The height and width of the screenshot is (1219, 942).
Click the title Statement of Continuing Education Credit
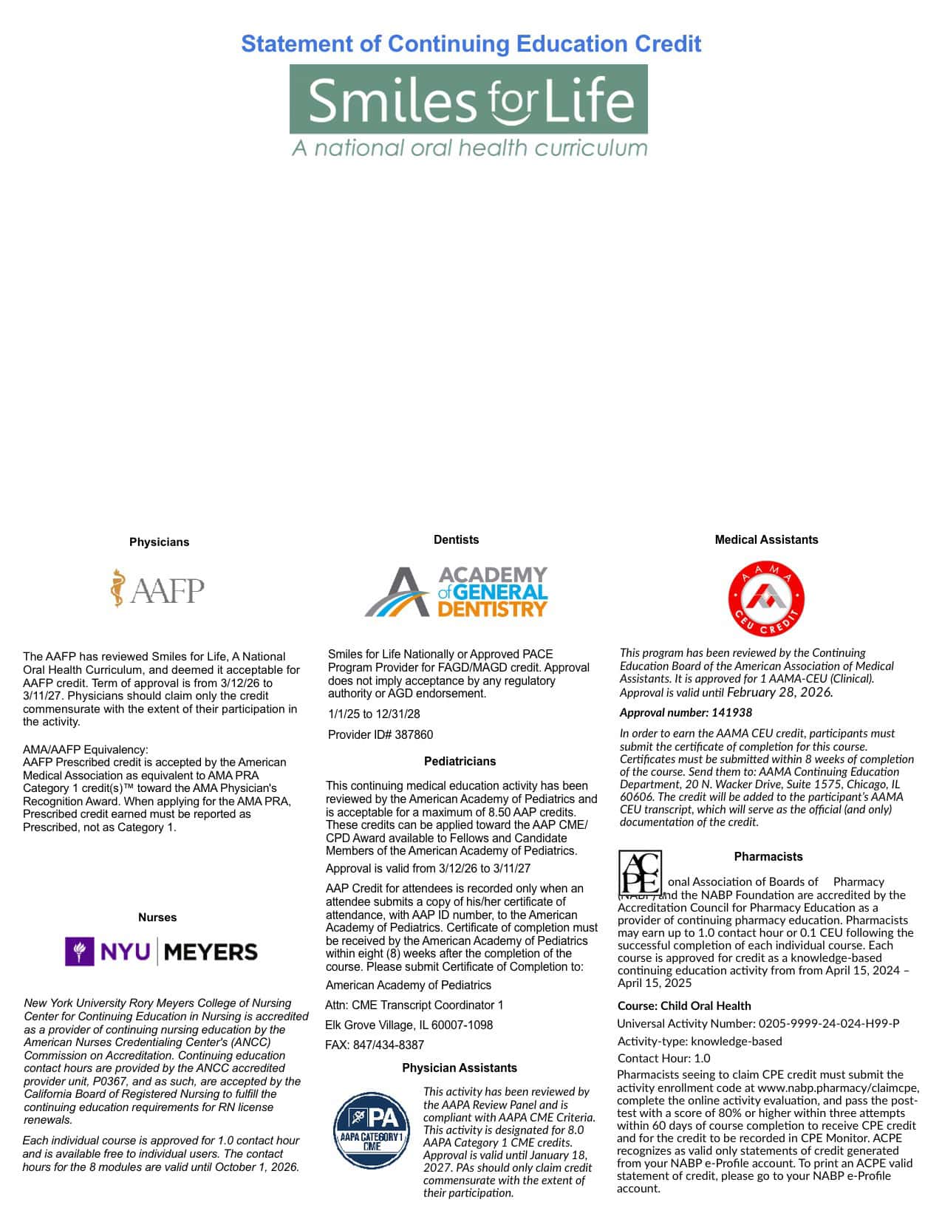pyautogui.click(x=471, y=44)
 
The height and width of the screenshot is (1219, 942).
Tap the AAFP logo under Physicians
pyautogui.click(x=157, y=589)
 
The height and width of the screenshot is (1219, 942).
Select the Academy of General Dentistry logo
pyautogui.click(x=456, y=592)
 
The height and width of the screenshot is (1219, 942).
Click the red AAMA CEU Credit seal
pyautogui.click(x=766, y=598)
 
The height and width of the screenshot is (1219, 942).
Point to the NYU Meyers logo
pyautogui.click(x=161, y=952)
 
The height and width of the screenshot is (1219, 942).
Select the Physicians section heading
pyautogui.click(x=159, y=542)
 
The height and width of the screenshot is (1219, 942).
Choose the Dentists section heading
pyautogui.click(x=456, y=540)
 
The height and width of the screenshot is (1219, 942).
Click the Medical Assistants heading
pyautogui.click(x=766, y=540)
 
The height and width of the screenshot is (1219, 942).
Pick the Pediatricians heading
pyautogui.click(x=460, y=762)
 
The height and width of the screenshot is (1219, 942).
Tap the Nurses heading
pyautogui.click(x=157, y=918)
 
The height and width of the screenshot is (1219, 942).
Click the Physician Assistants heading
pyautogui.click(x=460, y=1068)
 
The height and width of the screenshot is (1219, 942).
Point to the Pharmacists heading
pyautogui.click(x=768, y=857)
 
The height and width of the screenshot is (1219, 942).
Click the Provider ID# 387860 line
pyautogui.click(x=380, y=735)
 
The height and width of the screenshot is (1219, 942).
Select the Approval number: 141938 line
pyautogui.click(x=686, y=713)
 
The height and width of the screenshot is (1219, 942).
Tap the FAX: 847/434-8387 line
pyautogui.click(x=375, y=1045)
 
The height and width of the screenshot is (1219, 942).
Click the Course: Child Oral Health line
pyautogui.click(x=684, y=1006)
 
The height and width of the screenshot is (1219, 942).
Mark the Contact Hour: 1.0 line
pyautogui.click(x=663, y=1059)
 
